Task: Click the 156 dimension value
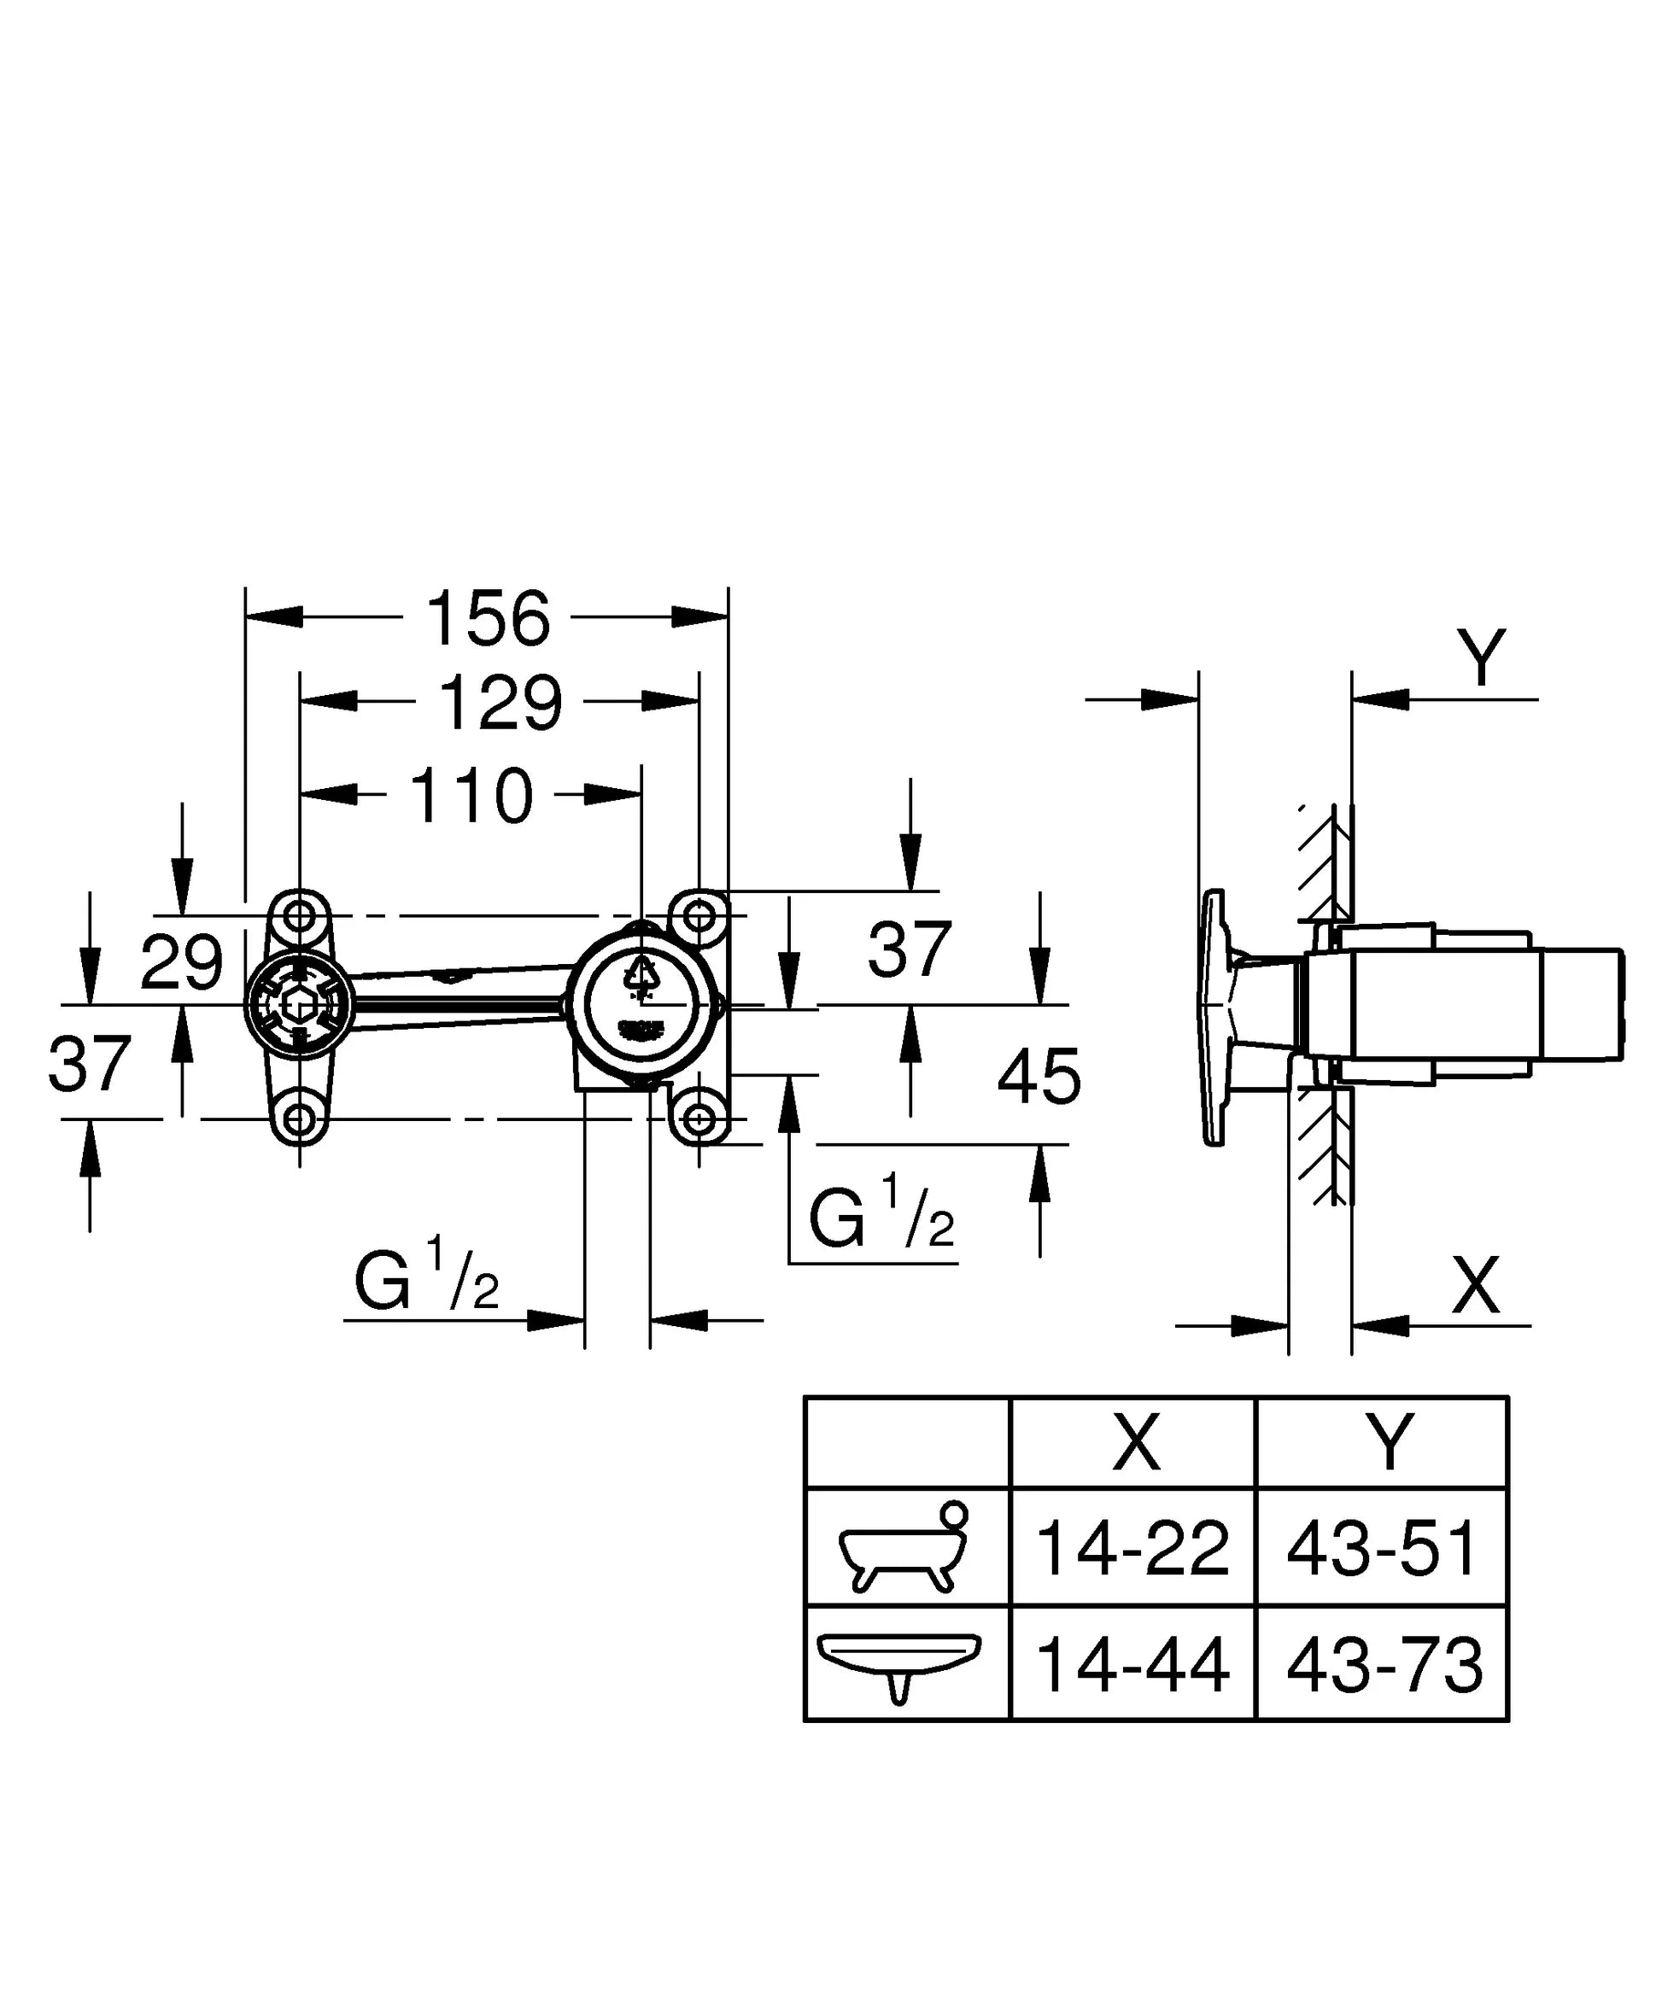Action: coord(488,618)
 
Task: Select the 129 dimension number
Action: coord(500,703)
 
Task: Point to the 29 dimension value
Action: coord(182,962)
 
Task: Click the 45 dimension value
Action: coord(1039,1076)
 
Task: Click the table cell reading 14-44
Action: coord(1132,1666)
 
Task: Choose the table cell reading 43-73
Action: coord(1383,1666)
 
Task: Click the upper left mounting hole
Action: coord(300,916)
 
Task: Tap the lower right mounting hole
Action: coord(700,1119)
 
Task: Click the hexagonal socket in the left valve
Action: coord(299,1003)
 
